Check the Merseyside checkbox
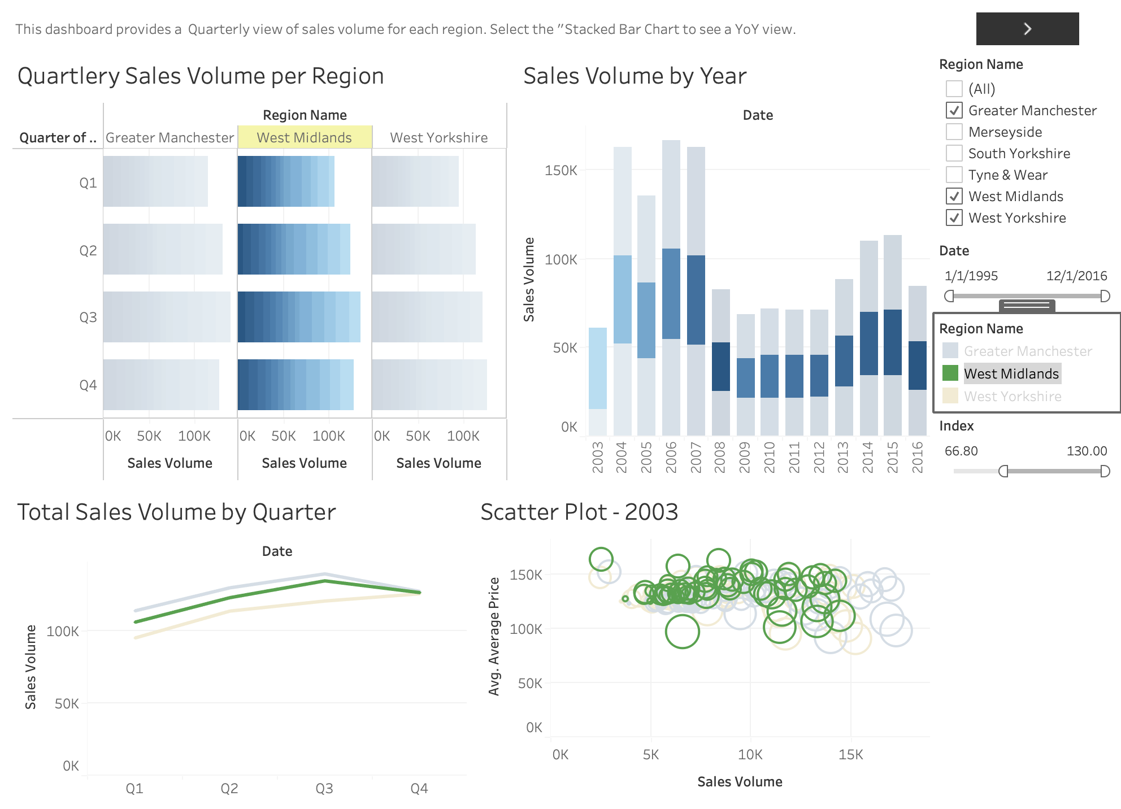[954, 132]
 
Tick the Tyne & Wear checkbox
[954, 175]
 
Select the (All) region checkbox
[954, 89]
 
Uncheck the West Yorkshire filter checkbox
[954, 218]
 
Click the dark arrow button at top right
[1027, 29]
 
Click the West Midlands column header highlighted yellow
[305, 137]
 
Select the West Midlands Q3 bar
[299, 317]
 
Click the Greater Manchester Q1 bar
[155, 181]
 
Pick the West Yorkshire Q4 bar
[429, 385]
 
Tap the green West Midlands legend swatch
[950, 373]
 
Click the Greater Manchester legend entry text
[1028, 351]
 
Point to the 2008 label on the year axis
[719, 457]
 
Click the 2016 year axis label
[918, 457]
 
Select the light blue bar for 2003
[598, 368]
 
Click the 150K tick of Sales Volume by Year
[560, 170]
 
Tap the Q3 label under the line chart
[324, 788]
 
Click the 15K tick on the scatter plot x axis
[851, 754]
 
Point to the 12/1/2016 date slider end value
[1076, 276]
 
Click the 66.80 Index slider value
[961, 451]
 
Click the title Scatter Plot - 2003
[579, 512]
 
